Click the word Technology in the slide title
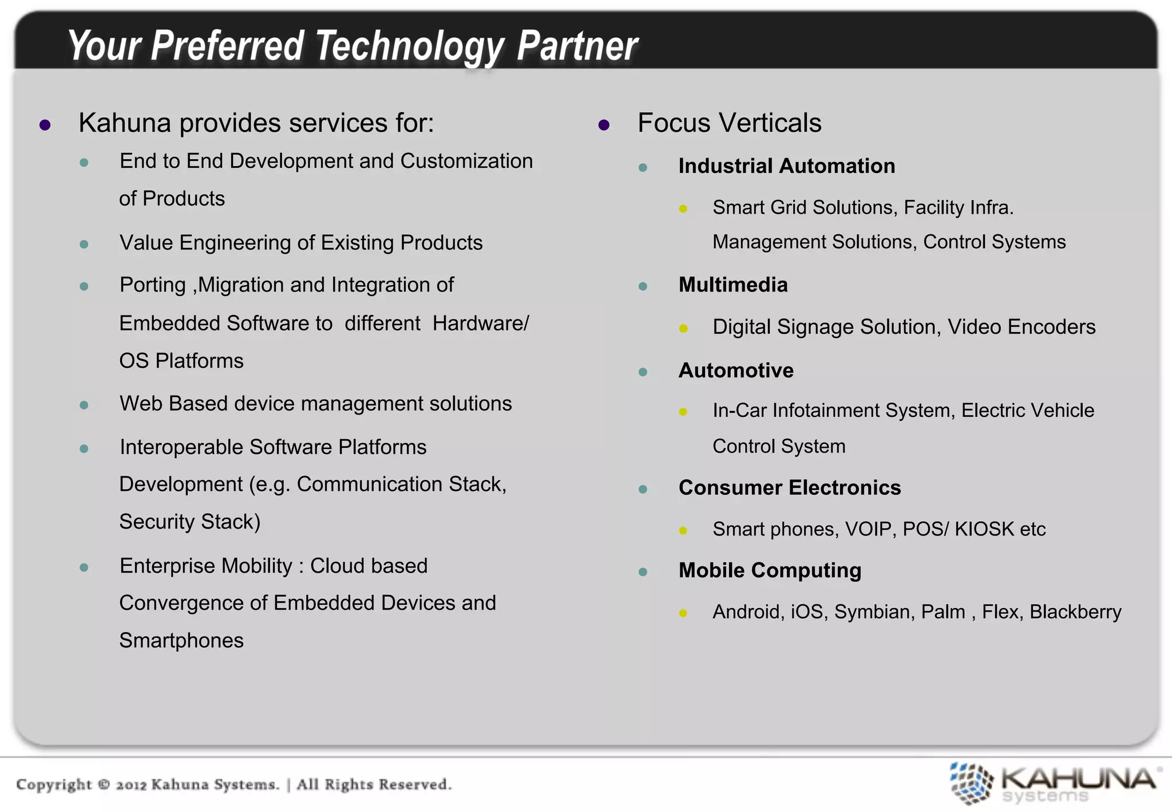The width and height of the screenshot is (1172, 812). point(410,46)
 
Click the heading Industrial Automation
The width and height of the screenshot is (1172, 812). point(786,166)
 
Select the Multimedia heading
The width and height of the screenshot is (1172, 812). point(732,285)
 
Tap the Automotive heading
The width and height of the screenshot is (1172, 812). point(735,370)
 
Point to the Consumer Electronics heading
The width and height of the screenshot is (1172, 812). point(789,488)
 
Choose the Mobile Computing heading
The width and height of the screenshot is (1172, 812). point(770,570)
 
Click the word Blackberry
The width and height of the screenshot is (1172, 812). point(1075,612)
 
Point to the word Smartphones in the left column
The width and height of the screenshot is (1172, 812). point(181,641)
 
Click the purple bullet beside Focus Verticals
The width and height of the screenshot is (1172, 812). point(604,125)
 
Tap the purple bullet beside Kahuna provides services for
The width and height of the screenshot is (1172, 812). point(45,125)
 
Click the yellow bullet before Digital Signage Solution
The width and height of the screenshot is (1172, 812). point(683,329)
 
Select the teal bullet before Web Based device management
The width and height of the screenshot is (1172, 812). point(84,405)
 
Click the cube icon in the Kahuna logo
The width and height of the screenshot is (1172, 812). point(971,783)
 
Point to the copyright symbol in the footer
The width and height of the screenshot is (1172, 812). point(104,784)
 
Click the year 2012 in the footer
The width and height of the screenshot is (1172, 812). point(131,785)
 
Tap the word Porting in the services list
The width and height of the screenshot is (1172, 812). point(152,285)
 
